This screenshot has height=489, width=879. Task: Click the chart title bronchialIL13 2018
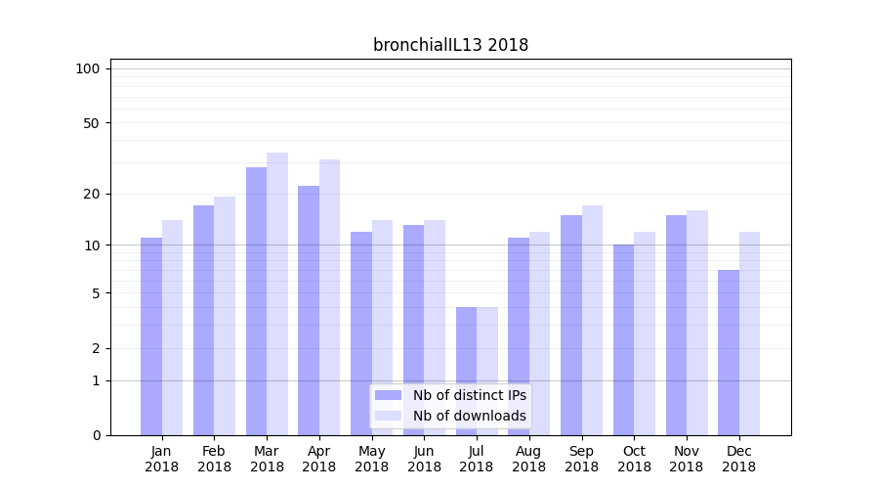[450, 45]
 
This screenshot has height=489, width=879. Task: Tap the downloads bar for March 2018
[277, 293]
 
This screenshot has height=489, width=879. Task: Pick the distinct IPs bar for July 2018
[466, 372]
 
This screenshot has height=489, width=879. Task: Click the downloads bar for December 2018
[749, 333]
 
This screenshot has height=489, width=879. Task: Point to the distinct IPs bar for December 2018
[729, 352]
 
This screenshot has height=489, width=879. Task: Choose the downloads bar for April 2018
[329, 297]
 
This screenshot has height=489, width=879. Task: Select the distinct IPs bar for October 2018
[623, 339]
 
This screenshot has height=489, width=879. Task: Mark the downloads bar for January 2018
[172, 328]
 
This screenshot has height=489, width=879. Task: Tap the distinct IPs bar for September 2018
[571, 325]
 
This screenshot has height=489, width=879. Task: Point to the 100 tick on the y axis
[88, 68]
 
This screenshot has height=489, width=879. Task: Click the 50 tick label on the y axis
[92, 123]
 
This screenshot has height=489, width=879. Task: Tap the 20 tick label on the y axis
[92, 194]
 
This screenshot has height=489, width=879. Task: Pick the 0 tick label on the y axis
[96, 435]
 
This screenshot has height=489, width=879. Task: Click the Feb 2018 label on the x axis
[214, 459]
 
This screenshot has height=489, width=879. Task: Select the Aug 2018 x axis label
[528, 459]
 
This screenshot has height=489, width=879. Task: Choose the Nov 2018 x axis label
[686, 459]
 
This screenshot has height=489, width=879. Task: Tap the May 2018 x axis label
[371, 459]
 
